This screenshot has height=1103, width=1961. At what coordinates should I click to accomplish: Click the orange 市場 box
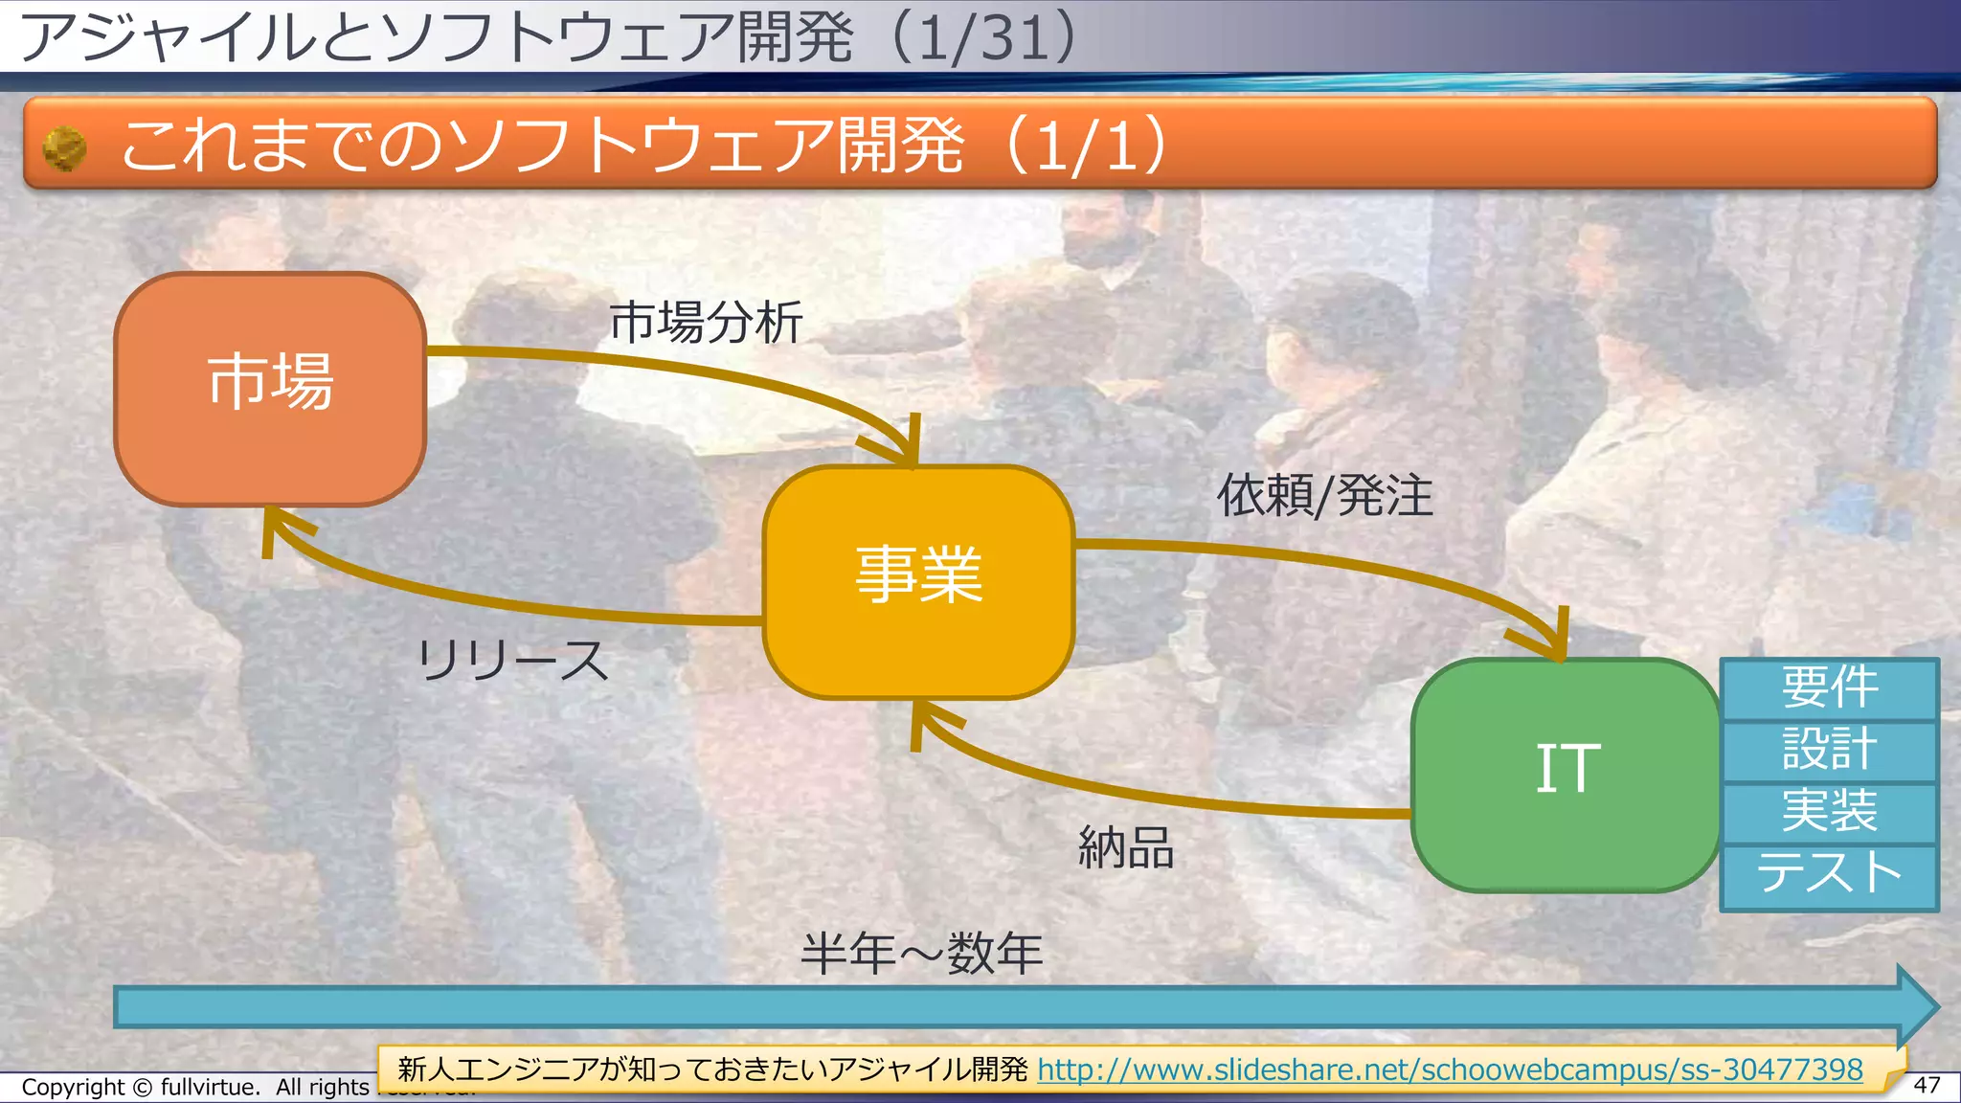click(270, 389)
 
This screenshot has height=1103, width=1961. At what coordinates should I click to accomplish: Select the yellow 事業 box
click(918, 581)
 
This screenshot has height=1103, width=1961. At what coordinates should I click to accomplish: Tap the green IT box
click(1567, 774)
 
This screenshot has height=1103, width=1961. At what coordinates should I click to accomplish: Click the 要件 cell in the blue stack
click(1829, 688)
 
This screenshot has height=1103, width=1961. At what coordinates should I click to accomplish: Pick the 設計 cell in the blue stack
click(1829, 750)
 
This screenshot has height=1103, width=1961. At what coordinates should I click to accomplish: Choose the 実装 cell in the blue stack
click(1829, 812)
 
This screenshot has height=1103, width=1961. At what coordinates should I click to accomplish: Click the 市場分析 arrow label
click(706, 322)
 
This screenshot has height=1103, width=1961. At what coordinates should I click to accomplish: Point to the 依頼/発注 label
click(1324, 496)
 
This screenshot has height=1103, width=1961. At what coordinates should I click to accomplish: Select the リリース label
click(512, 661)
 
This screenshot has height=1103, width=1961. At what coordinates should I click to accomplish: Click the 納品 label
click(1126, 847)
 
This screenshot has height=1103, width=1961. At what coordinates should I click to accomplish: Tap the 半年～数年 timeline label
click(921, 954)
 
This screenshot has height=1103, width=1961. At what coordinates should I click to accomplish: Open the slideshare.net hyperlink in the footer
click(1450, 1069)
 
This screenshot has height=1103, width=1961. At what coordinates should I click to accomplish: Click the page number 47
click(1926, 1085)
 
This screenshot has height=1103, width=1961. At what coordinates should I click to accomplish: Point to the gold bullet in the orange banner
click(65, 149)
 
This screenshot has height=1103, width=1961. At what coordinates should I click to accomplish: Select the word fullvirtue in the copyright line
click(209, 1088)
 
